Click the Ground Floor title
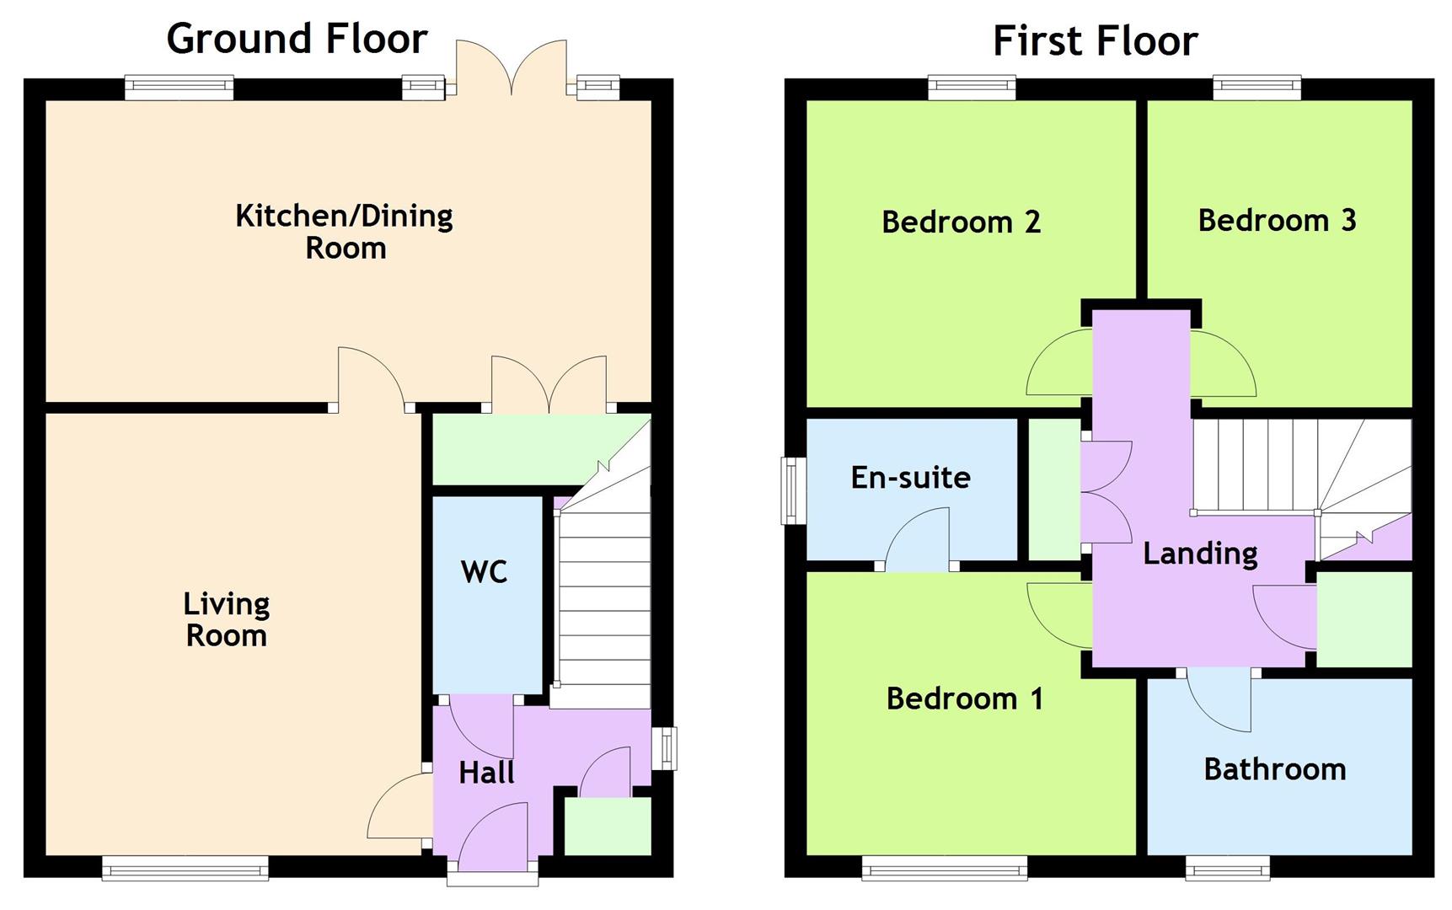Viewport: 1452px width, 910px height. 297,39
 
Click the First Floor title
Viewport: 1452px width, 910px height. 1095,40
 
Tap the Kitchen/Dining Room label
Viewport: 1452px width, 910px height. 344,232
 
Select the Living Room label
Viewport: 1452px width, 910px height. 226,619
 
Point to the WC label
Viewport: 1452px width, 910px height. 484,572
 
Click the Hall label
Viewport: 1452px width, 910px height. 486,773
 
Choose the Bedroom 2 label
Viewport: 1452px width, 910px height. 961,222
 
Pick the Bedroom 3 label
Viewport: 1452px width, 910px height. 1277,221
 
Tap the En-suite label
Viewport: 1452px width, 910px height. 910,478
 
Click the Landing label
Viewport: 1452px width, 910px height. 1200,554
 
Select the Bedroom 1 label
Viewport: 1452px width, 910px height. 964,699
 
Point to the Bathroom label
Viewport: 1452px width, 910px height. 1274,769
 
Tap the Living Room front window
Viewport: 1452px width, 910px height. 185,868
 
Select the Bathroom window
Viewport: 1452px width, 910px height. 1227,868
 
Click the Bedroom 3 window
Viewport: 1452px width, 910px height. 1256,87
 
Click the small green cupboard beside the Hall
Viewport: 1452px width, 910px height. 607,826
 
